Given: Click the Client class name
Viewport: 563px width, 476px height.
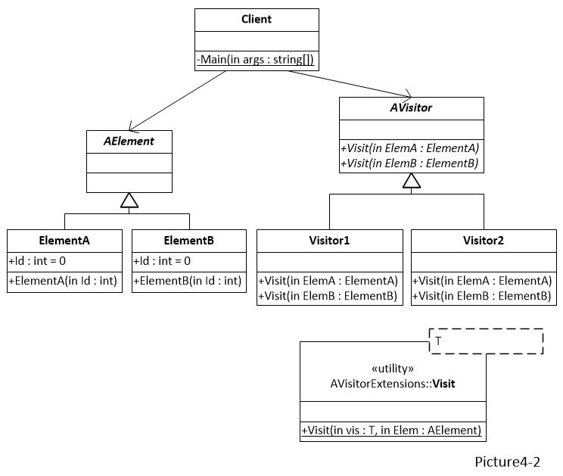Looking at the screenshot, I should pyautogui.click(x=256, y=19).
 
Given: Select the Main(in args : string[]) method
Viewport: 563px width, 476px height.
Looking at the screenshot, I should pyautogui.click(x=256, y=60).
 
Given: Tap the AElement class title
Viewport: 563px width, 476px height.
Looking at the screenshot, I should pyautogui.click(x=129, y=142).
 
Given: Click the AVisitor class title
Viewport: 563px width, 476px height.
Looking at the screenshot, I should pyautogui.click(x=411, y=108).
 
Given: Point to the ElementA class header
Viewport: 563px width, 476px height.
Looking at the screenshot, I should pyautogui.click(x=64, y=241).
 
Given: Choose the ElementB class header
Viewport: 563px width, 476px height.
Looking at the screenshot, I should pyautogui.click(x=189, y=241).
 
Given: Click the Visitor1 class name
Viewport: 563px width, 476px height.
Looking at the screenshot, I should pyautogui.click(x=329, y=241).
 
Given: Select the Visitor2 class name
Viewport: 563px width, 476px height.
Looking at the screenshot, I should pyautogui.click(x=483, y=241).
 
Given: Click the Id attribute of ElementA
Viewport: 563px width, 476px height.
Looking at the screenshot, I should pyautogui.click(x=38, y=262).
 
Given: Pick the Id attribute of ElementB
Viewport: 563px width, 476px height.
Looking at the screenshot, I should pyautogui.click(x=163, y=262).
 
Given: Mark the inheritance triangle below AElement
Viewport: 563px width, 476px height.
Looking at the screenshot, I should pyautogui.click(x=129, y=200).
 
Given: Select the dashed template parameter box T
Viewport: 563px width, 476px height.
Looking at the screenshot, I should pyautogui.click(x=486, y=341).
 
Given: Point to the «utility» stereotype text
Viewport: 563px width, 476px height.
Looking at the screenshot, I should pyautogui.click(x=393, y=369).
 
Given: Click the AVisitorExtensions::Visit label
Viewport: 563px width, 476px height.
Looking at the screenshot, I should pyautogui.click(x=393, y=384).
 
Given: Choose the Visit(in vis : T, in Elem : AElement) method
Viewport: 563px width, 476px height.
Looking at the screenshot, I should pyautogui.click(x=392, y=431).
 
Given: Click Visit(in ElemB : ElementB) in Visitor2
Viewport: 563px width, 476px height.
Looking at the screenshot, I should pyautogui.click(x=483, y=296).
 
